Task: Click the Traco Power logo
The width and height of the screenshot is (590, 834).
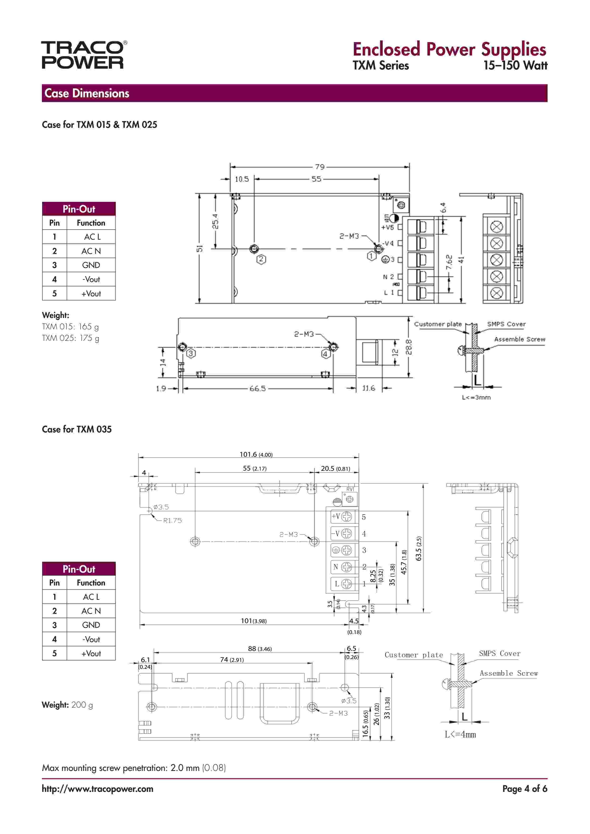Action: (x=84, y=55)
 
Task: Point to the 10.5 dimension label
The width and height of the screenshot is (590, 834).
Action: (x=242, y=179)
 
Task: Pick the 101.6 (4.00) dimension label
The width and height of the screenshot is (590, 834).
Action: (x=256, y=454)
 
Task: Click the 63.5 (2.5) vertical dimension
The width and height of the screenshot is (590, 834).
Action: (x=419, y=548)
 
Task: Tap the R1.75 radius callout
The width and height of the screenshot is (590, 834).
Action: (x=172, y=521)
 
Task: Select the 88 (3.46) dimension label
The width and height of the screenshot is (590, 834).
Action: (x=260, y=649)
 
